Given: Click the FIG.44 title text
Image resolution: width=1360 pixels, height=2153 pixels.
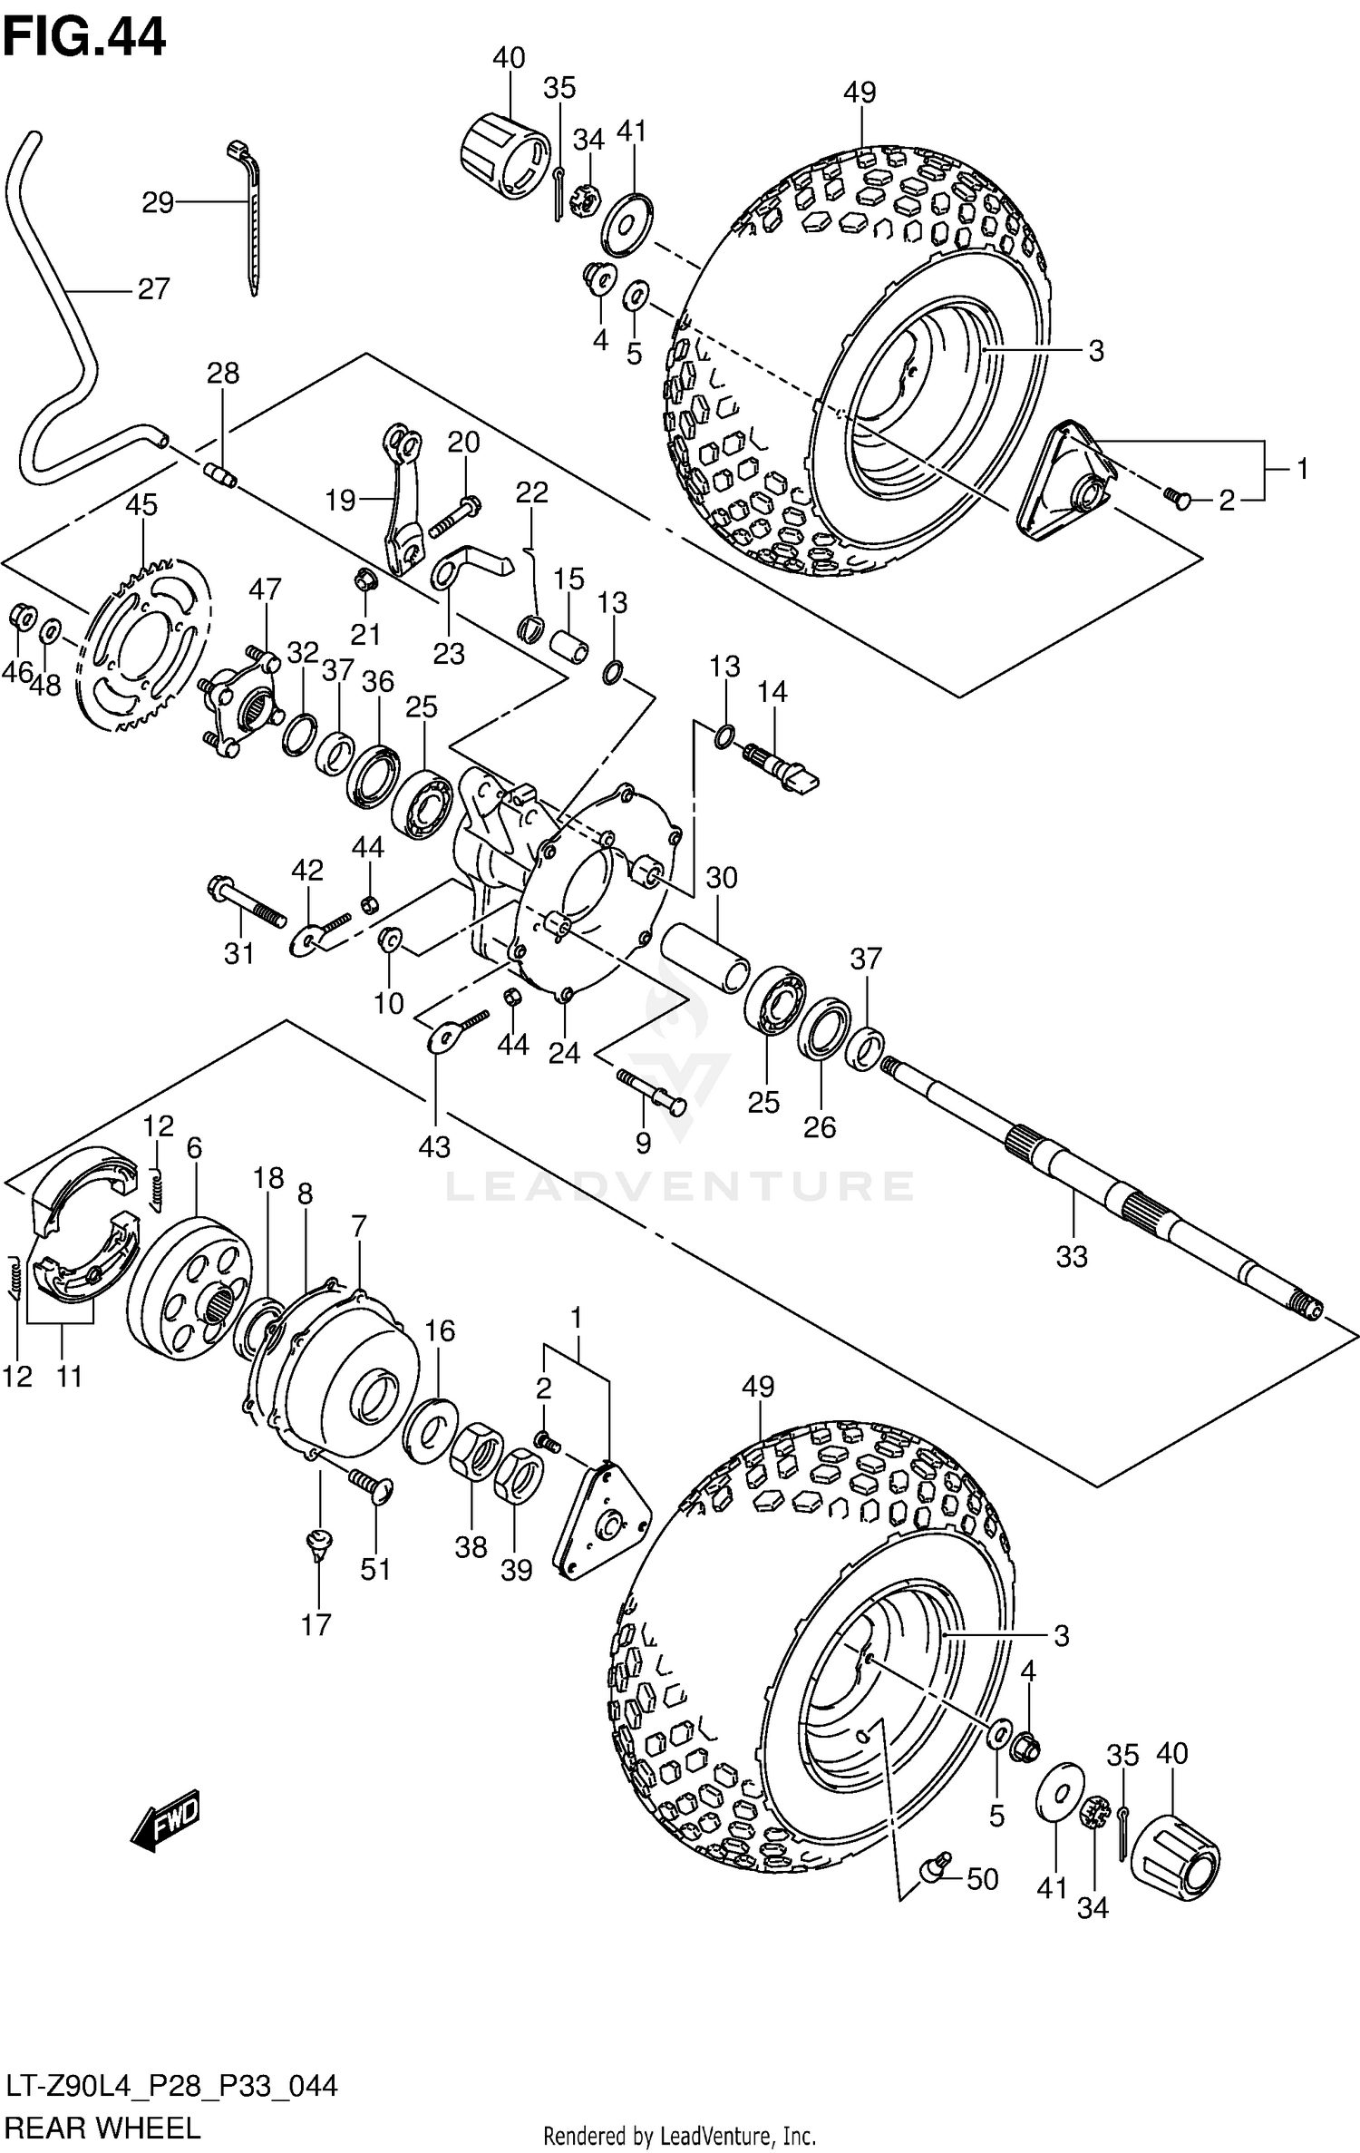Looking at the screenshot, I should click(x=84, y=38).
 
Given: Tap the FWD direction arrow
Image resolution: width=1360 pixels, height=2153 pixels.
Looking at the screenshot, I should click(x=165, y=1817).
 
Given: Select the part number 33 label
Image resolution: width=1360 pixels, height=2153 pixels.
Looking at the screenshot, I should click(x=1071, y=1256).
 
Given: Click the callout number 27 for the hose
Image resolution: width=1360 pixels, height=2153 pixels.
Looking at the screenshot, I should click(x=154, y=289).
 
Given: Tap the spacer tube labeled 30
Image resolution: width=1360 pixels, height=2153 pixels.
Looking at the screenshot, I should click(x=705, y=958).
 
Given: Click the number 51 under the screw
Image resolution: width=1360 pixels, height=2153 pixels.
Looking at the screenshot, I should click(x=375, y=1569).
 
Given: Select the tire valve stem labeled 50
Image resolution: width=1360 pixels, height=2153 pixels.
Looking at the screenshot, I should click(x=935, y=1868).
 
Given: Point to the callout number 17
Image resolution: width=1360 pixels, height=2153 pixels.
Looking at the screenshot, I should click(x=316, y=1623).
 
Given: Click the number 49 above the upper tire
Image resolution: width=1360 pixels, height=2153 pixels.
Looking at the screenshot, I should click(x=859, y=93).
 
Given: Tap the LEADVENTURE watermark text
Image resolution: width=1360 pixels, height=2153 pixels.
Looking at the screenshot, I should click(x=680, y=1186).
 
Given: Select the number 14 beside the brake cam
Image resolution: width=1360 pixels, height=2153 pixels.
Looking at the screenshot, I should click(x=772, y=692).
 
